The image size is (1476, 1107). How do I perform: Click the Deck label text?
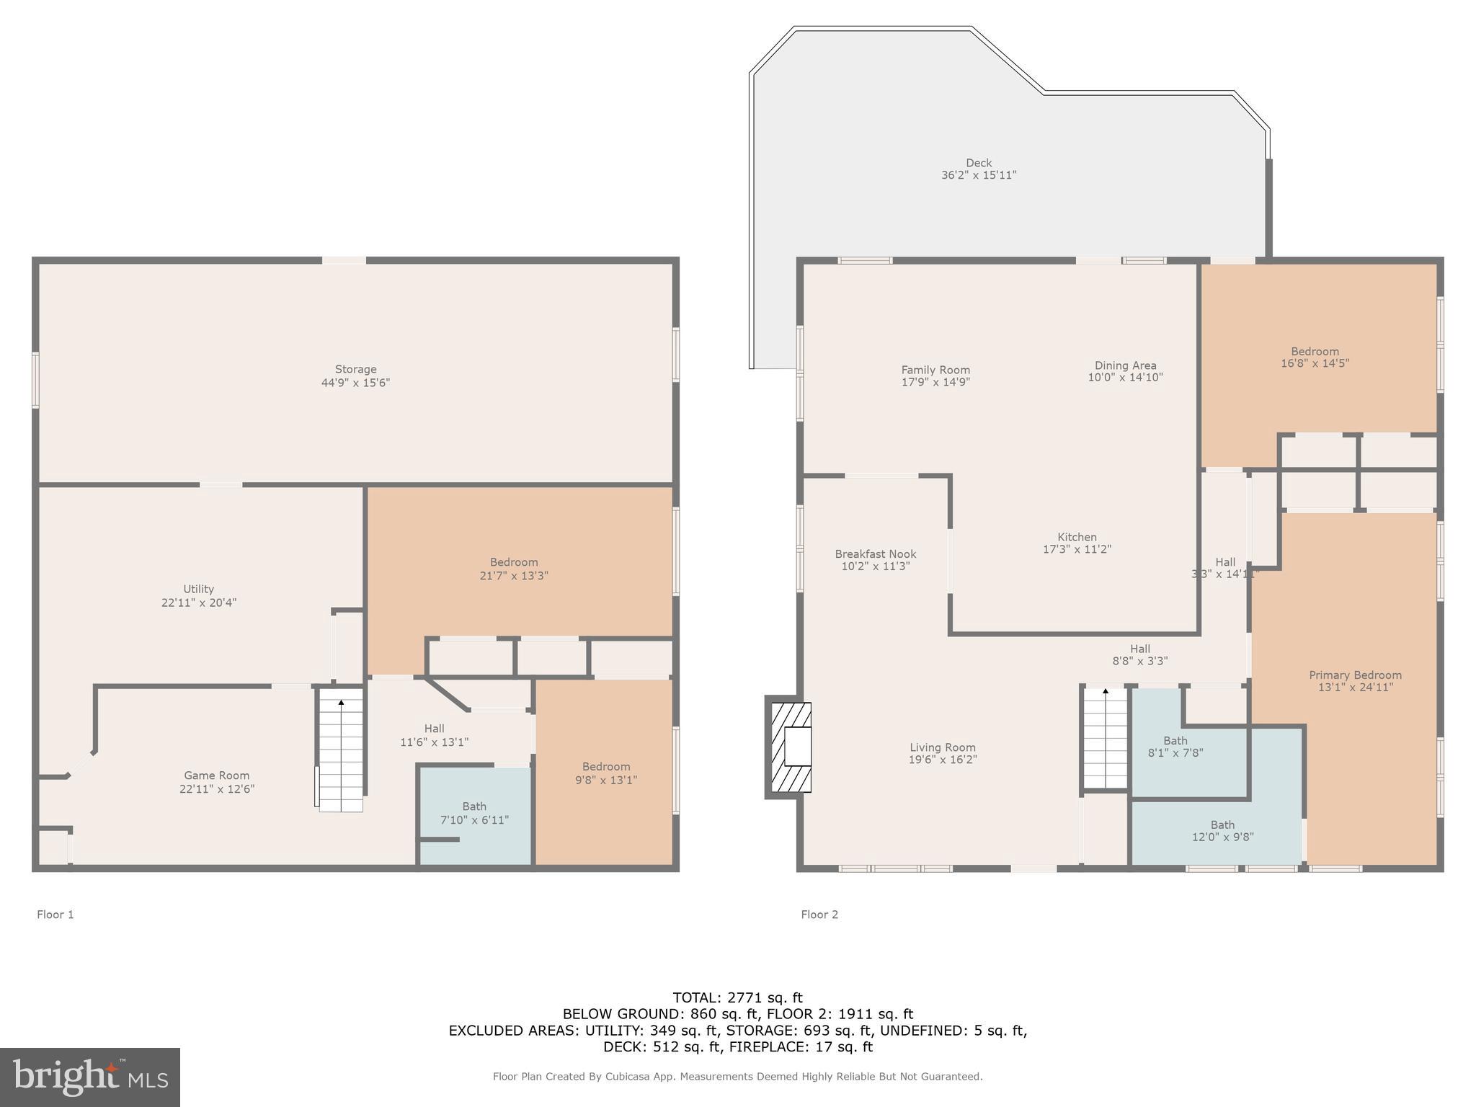(x=979, y=169)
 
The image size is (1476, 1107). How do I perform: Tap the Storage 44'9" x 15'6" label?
(x=355, y=375)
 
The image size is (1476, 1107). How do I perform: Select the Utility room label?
(x=198, y=595)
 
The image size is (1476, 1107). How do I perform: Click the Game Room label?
(x=216, y=782)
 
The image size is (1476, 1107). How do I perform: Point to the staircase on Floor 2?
(x=1106, y=739)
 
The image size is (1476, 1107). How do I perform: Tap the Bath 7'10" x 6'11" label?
(x=474, y=813)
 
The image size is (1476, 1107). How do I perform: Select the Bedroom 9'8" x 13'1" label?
(x=606, y=773)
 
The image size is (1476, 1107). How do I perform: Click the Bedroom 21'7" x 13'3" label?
(x=514, y=569)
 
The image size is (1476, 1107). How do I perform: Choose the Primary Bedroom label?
(x=1355, y=680)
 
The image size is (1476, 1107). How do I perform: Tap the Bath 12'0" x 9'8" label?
(x=1222, y=830)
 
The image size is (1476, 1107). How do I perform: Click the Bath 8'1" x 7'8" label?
(x=1175, y=746)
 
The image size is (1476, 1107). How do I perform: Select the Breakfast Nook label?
(x=876, y=559)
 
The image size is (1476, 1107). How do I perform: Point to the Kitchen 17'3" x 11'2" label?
(x=1077, y=543)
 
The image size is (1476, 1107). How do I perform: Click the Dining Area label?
(x=1125, y=370)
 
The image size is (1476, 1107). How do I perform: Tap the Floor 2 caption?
(x=819, y=915)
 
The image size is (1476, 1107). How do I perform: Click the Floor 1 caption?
(x=55, y=915)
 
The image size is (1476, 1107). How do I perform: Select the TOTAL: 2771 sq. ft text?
(x=737, y=997)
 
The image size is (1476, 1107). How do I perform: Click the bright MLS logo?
(x=90, y=1077)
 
